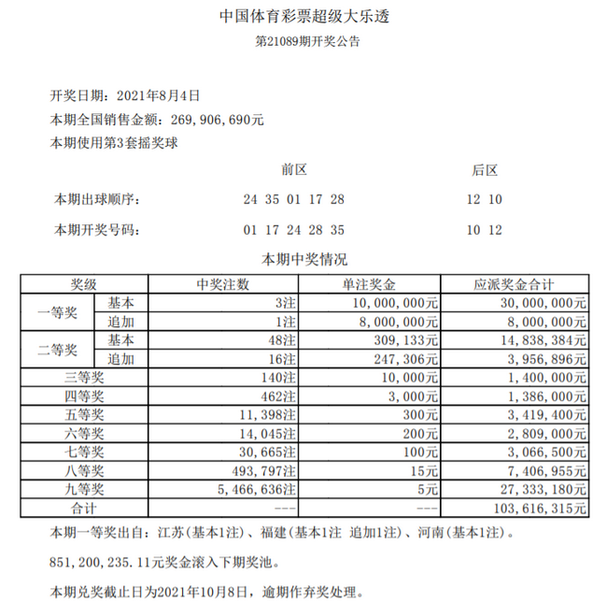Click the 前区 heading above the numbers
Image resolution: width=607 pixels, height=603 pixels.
(x=294, y=171)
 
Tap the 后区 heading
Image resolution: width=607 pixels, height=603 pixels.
(x=485, y=171)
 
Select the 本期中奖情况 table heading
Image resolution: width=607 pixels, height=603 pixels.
(x=304, y=259)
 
